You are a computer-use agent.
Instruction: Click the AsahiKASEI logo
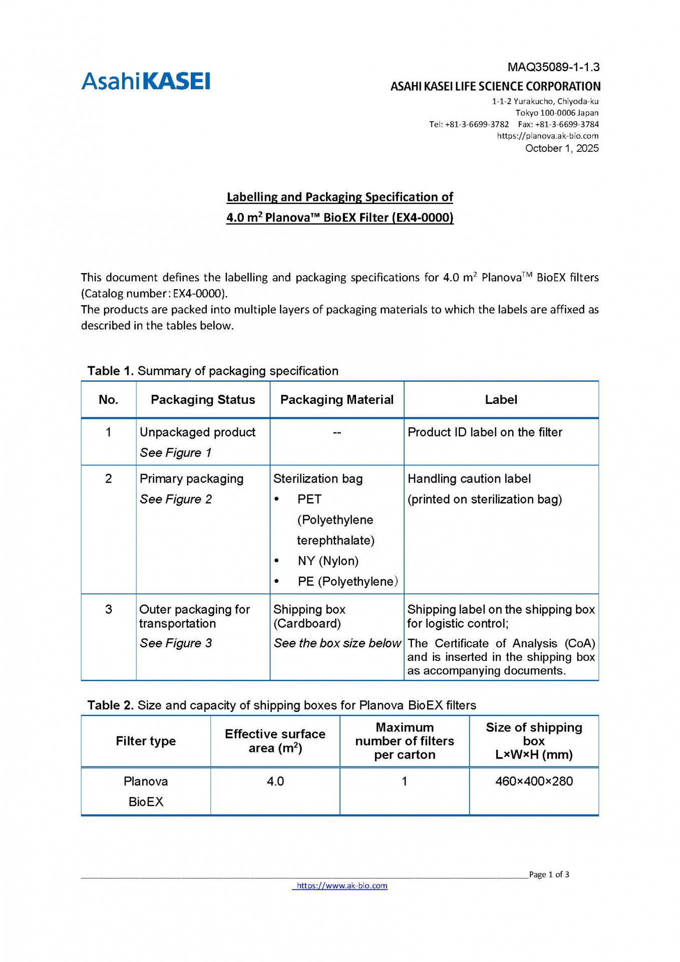point(146,81)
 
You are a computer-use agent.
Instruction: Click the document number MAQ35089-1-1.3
point(553,67)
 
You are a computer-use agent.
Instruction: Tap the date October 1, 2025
point(561,148)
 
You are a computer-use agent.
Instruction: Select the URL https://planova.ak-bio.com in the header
point(547,136)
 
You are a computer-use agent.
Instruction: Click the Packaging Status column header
point(203,400)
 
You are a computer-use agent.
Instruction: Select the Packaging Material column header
point(336,400)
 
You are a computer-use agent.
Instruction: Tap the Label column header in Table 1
point(501,400)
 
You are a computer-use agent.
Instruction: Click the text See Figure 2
point(176,500)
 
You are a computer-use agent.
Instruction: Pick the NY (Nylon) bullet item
point(328,561)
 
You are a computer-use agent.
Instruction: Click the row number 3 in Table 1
point(109,610)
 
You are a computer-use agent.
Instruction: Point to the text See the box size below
point(337,643)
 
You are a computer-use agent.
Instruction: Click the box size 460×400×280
point(534,782)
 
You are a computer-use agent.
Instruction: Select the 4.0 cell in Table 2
point(275,782)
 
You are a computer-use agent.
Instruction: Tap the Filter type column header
point(146,742)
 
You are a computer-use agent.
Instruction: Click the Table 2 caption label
point(111,705)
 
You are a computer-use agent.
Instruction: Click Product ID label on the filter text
point(485,432)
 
